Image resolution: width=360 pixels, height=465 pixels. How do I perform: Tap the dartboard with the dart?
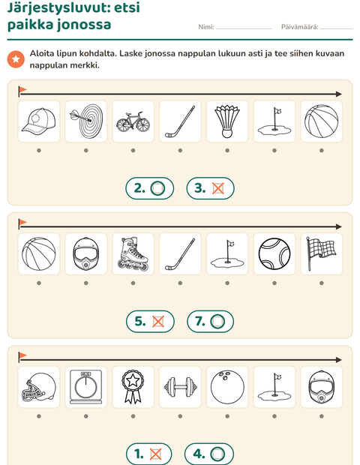(x=86, y=121)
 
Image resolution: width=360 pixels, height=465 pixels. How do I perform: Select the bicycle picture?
(x=133, y=121)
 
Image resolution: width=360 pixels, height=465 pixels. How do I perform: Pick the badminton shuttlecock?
(x=227, y=121)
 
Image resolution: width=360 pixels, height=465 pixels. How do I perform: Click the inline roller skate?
(x=133, y=253)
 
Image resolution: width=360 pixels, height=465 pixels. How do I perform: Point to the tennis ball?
(x=274, y=254)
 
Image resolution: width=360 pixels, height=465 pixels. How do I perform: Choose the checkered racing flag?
(x=321, y=253)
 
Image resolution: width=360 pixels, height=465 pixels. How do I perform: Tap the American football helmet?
(x=39, y=387)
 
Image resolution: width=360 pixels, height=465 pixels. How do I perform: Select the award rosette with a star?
(x=133, y=387)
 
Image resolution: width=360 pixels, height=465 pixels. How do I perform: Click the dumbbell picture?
(x=180, y=387)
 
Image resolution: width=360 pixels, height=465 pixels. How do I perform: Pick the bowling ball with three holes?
(x=227, y=387)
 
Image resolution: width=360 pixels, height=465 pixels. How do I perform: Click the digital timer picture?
(x=86, y=387)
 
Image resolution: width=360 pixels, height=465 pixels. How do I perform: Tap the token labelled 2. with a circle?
(x=150, y=188)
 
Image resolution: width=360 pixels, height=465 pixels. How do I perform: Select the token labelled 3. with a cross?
(x=211, y=188)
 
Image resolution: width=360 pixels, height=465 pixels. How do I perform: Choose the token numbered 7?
(x=211, y=322)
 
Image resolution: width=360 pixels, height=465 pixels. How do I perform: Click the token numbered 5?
(x=150, y=322)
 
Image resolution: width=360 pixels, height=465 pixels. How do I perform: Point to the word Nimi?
(x=205, y=27)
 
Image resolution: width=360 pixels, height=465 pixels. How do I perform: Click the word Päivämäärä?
(x=299, y=27)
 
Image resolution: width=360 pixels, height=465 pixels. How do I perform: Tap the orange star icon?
(x=16, y=59)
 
